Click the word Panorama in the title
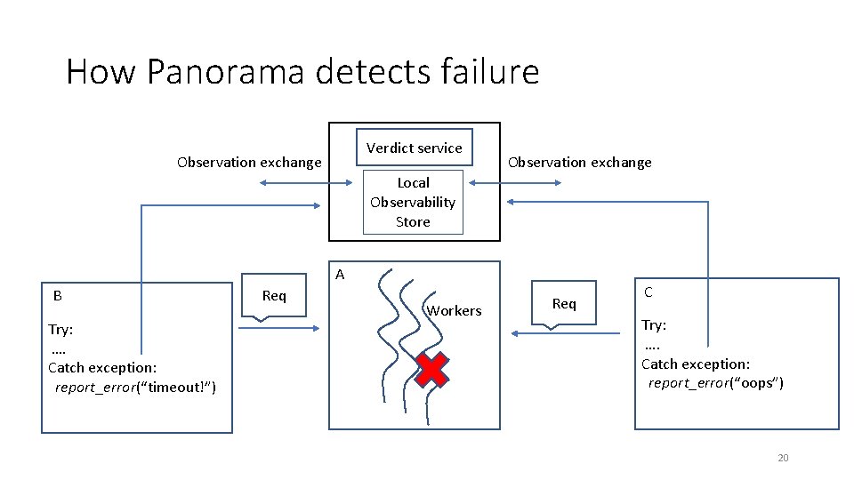click(227, 71)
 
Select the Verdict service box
click(415, 148)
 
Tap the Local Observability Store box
click(413, 203)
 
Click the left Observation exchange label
click(249, 162)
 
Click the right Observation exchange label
click(579, 162)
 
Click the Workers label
click(454, 310)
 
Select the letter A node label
click(340, 275)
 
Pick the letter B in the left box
click(57, 295)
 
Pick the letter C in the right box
click(648, 292)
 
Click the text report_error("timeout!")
click(135, 387)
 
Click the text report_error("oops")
click(716, 383)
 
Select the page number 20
click(783, 458)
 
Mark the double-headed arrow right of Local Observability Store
click(515, 183)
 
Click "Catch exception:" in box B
click(102, 367)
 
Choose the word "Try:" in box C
click(654, 325)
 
